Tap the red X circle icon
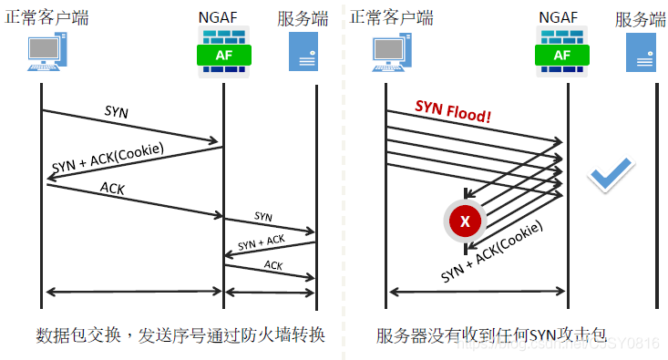(466, 221)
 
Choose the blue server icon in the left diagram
(303, 51)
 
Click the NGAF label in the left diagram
(224, 17)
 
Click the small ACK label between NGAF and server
(273, 265)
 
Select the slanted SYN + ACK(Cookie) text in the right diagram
(492, 250)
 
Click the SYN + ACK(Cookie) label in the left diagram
(109, 159)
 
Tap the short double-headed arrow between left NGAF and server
(270, 292)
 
